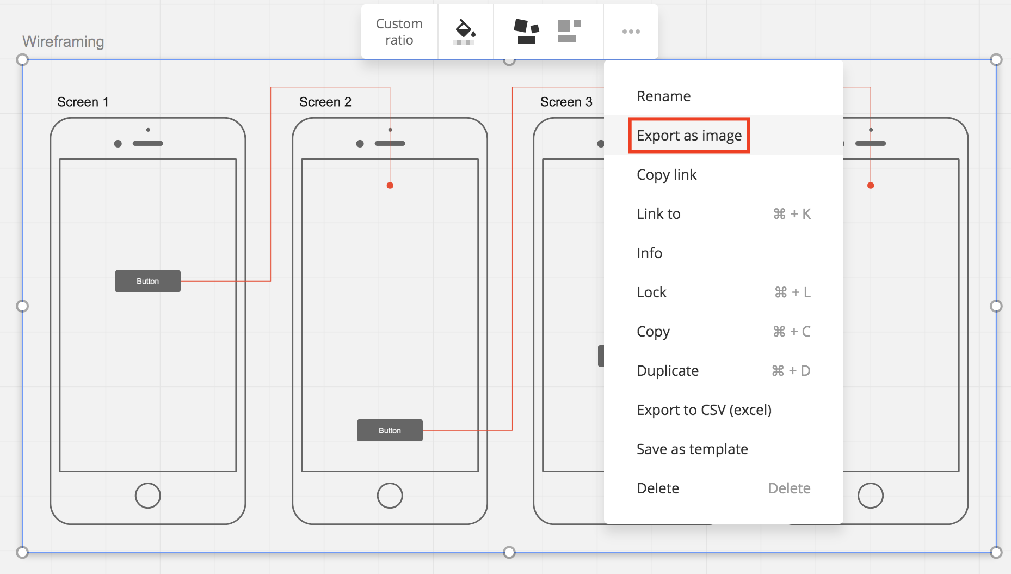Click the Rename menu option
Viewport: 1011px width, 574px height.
coord(663,96)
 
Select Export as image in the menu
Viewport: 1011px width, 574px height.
coord(689,136)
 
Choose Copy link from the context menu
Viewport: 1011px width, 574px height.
coord(667,175)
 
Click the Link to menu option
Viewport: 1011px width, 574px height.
coord(658,214)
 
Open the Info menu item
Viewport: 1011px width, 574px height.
coord(649,253)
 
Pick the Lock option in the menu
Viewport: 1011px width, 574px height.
coord(651,292)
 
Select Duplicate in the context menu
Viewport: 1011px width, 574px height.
coord(668,371)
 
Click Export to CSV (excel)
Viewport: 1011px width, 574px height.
coord(704,410)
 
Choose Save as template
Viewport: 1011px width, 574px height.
coord(692,449)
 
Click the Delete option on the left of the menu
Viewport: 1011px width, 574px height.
coord(658,488)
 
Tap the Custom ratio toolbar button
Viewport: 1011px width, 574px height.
coord(399,32)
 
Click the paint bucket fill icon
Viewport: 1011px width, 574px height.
coord(465,32)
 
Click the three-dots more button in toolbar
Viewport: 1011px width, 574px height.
coord(631,32)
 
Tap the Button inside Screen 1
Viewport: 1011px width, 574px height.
coord(147,281)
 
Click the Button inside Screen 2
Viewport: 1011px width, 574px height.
coord(390,430)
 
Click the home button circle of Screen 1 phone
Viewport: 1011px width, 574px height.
coord(147,496)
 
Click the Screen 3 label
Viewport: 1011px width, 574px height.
coord(566,102)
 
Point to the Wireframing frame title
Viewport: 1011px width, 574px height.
coord(63,41)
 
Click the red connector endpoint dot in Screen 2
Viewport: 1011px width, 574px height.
coord(390,186)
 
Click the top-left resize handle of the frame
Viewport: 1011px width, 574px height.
coord(22,59)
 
